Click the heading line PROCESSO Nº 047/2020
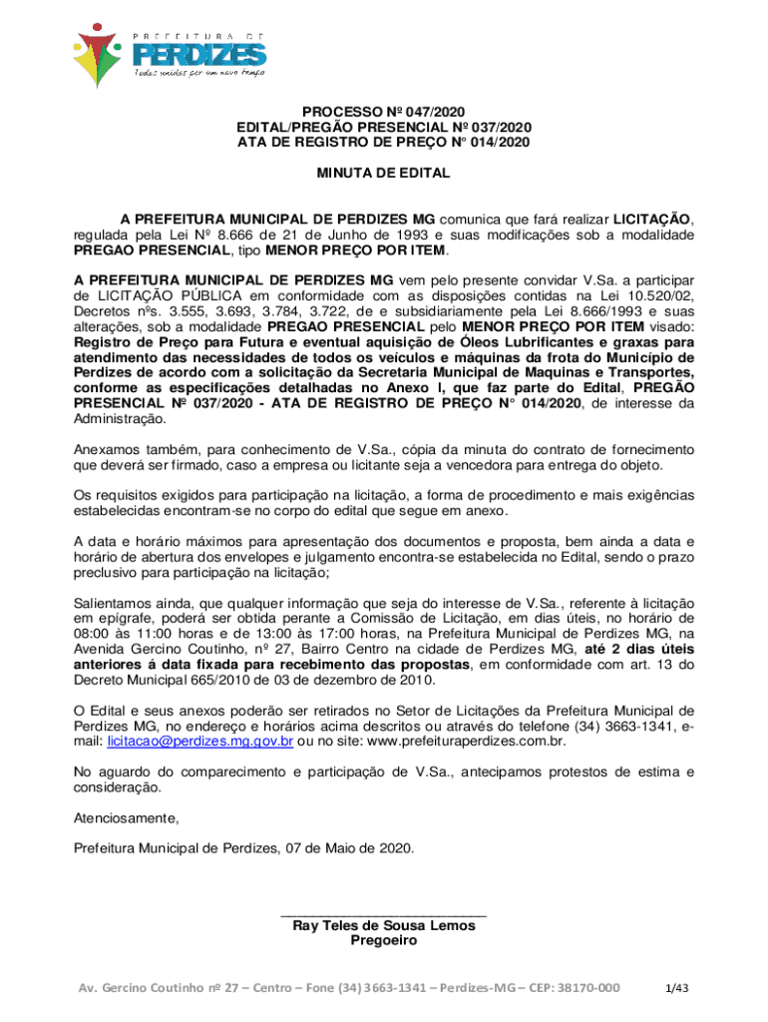(x=384, y=112)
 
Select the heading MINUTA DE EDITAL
(x=384, y=174)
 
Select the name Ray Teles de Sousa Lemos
(x=384, y=925)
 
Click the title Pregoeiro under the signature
(x=384, y=940)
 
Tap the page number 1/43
(x=678, y=988)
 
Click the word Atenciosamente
(x=127, y=818)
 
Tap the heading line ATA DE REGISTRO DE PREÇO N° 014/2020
(x=384, y=142)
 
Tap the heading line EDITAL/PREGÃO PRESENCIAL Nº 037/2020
(x=384, y=127)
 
